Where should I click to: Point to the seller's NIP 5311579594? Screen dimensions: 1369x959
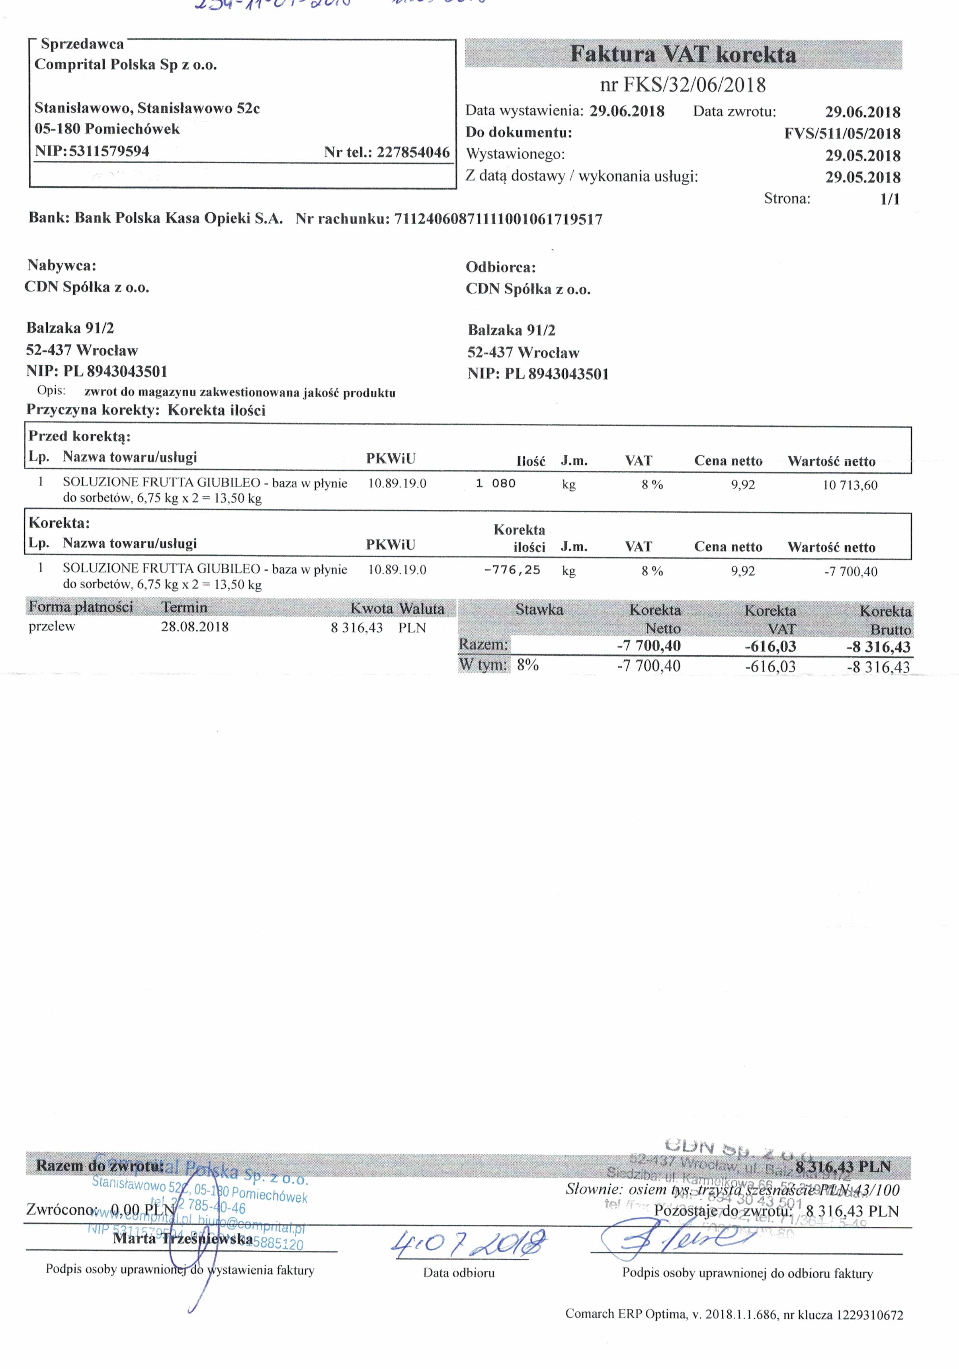pos(109,151)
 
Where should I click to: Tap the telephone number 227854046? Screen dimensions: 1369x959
pos(413,152)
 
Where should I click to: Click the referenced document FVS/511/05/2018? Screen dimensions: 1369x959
pos(842,133)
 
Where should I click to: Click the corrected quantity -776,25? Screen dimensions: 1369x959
pos(512,570)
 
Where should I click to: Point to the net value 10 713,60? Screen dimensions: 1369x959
pos(850,485)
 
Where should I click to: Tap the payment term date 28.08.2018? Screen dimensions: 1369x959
pos(194,627)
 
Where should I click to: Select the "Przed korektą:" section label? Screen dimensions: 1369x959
pos(79,436)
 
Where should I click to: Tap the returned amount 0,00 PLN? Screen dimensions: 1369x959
pos(143,1210)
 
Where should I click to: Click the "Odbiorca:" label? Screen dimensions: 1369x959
pos(501,267)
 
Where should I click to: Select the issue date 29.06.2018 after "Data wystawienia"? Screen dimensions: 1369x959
pos(627,111)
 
